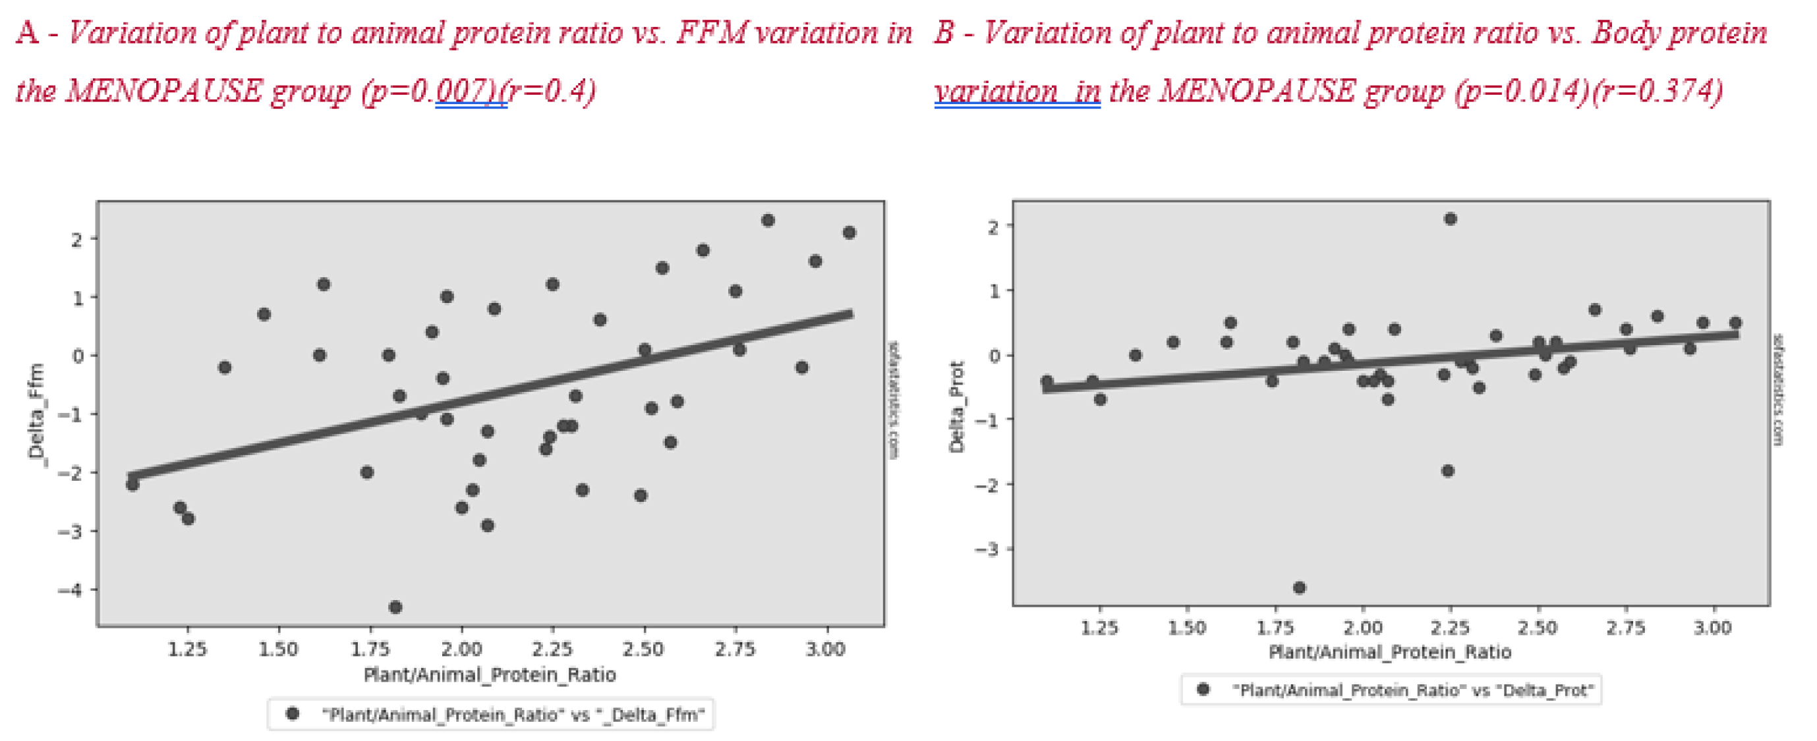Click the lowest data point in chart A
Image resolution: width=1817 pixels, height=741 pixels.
[x=395, y=607]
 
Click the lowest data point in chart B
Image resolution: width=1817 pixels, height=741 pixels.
[x=1298, y=588]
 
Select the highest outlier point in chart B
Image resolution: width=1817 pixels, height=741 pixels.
[x=1449, y=219]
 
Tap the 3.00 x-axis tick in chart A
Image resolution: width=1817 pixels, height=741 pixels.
[x=826, y=649]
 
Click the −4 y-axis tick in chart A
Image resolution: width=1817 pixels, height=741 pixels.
[x=71, y=590]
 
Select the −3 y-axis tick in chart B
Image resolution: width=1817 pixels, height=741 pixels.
[x=987, y=549]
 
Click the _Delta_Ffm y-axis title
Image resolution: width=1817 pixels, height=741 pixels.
[x=36, y=412]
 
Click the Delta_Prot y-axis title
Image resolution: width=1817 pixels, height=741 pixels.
[x=956, y=407]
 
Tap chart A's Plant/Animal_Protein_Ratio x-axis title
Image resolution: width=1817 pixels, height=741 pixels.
[x=490, y=674]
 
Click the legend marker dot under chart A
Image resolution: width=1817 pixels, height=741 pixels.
[x=292, y=713]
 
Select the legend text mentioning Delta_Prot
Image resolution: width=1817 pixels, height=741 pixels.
[x=1412, y=690]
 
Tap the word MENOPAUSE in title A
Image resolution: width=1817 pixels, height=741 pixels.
[x=163, y=91]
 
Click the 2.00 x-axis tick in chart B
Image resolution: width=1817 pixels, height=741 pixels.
[x=1362, y=627]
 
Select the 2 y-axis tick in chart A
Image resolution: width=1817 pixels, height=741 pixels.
[x=76, y=239]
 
